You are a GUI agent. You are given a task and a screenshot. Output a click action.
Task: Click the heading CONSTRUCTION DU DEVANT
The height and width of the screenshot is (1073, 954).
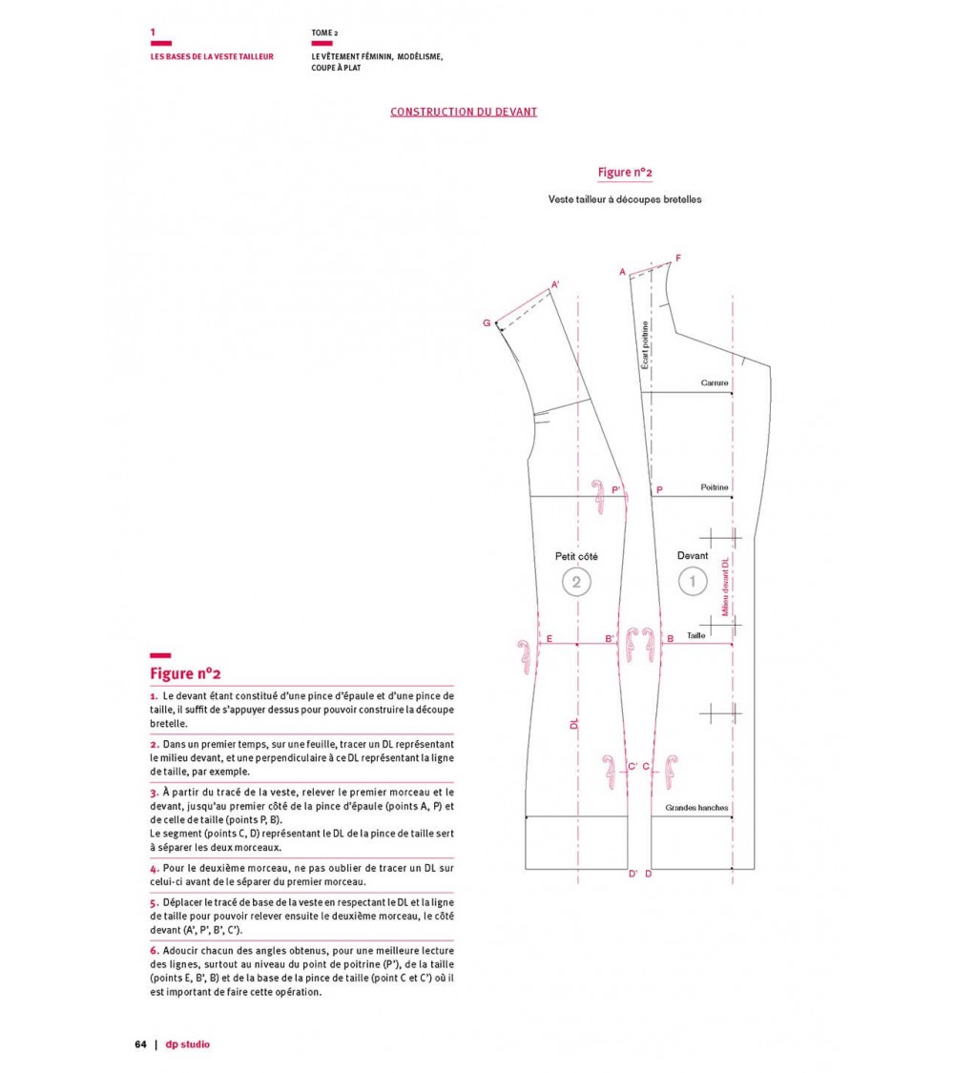pos(464,112)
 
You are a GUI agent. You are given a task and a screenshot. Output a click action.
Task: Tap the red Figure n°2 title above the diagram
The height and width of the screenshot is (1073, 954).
pos(625,173)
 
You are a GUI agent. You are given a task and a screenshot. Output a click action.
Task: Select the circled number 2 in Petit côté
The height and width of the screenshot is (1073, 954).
pos(575,581)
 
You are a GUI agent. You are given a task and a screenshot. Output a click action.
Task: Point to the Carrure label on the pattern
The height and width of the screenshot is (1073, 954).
pos(715,383)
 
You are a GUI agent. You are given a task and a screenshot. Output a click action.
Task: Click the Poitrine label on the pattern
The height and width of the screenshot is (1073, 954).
pos(714,487)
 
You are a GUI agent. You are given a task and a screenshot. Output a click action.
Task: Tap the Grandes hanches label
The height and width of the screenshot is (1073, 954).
pos(696,809)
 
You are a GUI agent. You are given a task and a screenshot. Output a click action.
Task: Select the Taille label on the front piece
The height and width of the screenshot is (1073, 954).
pos(695,635)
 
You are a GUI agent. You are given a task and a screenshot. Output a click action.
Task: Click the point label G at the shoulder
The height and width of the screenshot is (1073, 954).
pos(487,323)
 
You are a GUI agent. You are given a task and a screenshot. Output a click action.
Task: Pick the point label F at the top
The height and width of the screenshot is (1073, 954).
pos(678,258)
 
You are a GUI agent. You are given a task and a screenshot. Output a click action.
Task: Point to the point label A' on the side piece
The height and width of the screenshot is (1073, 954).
pos(555,283)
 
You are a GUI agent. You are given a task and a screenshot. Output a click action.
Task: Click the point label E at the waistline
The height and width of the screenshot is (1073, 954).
pos(549,637)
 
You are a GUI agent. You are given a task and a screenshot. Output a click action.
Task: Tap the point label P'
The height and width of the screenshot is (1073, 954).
pos(616,489)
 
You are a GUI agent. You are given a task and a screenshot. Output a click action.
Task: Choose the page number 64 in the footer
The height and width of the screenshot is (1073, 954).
pos(140,1044)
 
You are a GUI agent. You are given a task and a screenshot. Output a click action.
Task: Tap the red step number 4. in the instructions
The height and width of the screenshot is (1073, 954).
pos(154,869)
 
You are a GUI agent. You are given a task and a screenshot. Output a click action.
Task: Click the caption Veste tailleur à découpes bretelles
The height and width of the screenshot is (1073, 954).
pos(625,200)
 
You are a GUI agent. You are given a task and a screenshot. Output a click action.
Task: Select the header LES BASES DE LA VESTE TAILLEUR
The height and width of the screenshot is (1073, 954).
pos(212,56)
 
